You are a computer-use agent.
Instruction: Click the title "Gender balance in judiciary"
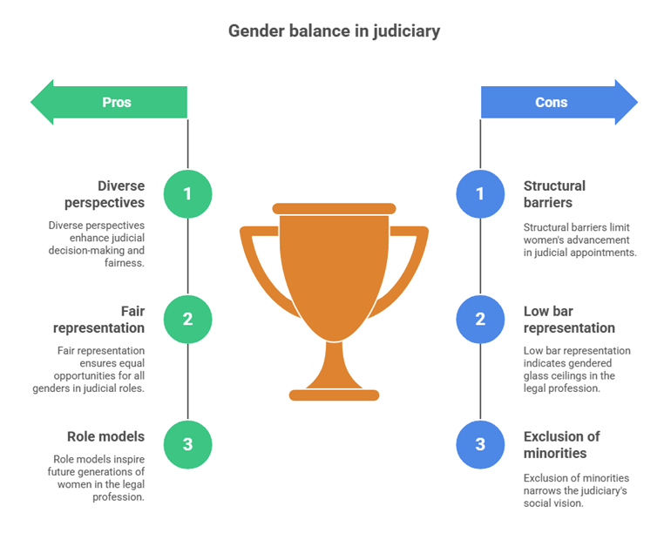click(334, 31)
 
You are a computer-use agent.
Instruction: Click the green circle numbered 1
click(187, 193)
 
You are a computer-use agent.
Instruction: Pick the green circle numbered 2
click(187, 319)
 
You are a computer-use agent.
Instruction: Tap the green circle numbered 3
click(187, 444)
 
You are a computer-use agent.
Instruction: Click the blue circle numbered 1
click(480, 193)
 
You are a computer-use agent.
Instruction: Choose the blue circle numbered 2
click(480, 319)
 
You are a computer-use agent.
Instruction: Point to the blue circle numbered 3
click(480, 444)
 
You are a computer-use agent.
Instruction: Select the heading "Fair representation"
click(98, 319)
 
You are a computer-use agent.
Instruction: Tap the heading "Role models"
click(105, 436)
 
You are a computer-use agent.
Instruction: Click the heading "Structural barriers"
click(554, 193)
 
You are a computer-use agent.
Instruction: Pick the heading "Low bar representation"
click(569, 319)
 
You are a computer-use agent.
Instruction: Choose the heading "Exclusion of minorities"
click(561, 444)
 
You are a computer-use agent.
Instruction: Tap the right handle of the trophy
click(416, 261)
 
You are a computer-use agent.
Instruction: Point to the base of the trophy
click(334, 395)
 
